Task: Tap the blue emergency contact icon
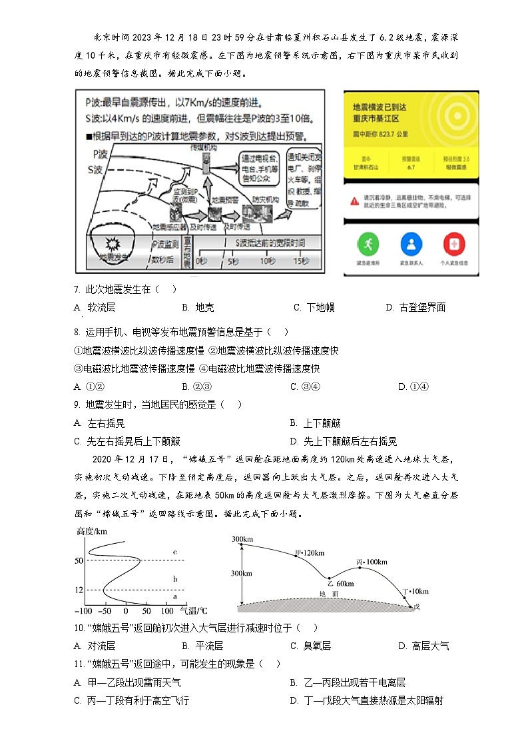coord(409,244)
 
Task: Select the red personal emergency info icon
coord(453,244)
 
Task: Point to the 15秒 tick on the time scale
coord(302,261)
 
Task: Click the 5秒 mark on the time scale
coord(232,261)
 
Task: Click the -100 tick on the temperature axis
coord(84,611)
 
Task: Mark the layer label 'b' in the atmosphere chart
coord(174,579)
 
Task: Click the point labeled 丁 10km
coord(405,591)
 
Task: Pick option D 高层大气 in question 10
coord(423,646)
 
